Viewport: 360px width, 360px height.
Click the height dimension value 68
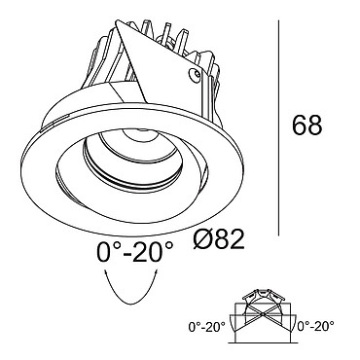(307, 125)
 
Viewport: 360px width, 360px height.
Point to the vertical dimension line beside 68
(278, 127)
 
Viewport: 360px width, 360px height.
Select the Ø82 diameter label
(219, 239)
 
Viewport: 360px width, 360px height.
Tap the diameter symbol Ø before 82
(203, 239)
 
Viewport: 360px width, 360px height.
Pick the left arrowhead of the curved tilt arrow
(105, 272)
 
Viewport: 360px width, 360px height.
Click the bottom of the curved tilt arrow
(130, 304)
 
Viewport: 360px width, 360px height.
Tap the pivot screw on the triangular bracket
(195, 74)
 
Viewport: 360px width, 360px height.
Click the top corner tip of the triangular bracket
(118, 21)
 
